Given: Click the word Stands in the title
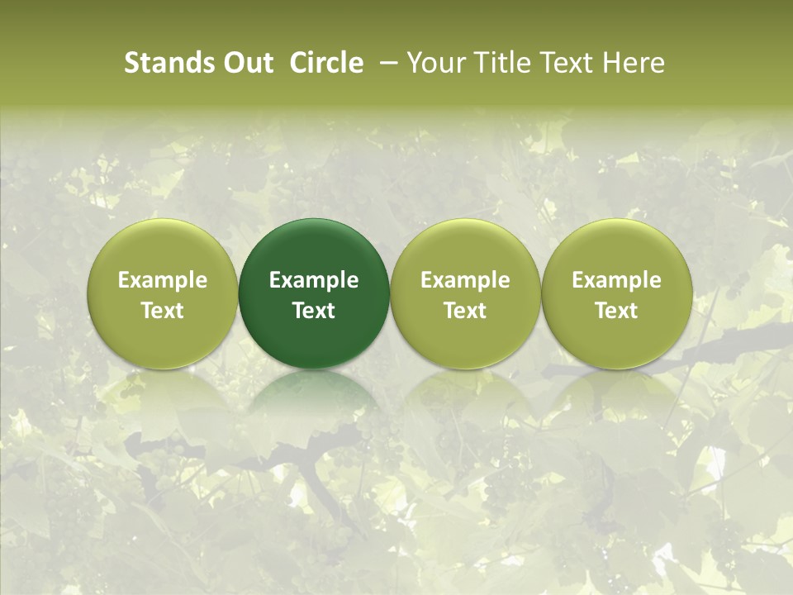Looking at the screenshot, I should [162, 63].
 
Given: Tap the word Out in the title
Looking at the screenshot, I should [246, 63].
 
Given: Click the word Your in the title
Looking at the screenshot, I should [434, 63].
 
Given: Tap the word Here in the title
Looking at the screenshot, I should [634, 63].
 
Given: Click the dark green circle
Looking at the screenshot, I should [314, 248].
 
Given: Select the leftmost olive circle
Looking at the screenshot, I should [162, 248].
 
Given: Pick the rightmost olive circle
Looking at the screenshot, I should [617, 248].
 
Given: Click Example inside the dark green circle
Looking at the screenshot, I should [314, 280].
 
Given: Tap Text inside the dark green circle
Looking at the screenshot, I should [314, 311].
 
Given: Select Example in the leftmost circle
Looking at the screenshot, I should [162, 280].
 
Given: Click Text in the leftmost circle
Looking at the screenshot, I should [162, 311].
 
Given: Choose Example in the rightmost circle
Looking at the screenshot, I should [617, 280].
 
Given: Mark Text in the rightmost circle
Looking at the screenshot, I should [617, 311].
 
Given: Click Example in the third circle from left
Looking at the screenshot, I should [465, 280].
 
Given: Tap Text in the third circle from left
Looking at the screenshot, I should [465, 311].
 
